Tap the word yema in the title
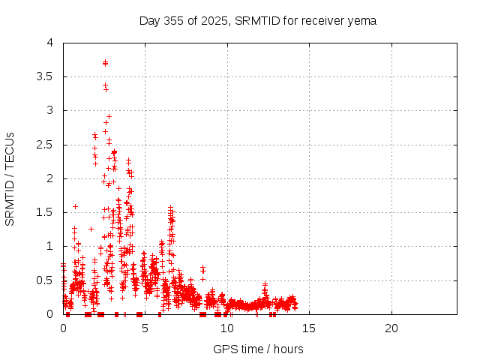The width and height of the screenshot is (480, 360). click(x=362, y=20)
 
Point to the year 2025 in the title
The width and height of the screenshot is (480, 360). click(x=217, y=20)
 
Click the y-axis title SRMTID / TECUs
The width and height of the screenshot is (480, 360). click(x=10, y=178)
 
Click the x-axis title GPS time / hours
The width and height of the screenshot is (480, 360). click(x=258, y=349)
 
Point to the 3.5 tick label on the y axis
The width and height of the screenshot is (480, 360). click(x=49, y=76)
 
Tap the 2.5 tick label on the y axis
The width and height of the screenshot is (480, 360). click(x=49, y=144)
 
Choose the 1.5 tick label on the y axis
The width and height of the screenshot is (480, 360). click(x=49, y=212)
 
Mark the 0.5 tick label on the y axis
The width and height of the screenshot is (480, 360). click(x=49, y=280)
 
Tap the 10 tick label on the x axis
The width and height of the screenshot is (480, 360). click(x=227, y=328)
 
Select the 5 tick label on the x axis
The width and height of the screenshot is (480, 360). click(x=145, y=328)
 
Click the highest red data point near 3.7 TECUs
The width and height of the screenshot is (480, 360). click(x=105, y=63)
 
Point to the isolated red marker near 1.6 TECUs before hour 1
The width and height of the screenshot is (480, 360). click(x=75, y=206)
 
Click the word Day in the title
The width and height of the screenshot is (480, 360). click(x=149, y=20)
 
